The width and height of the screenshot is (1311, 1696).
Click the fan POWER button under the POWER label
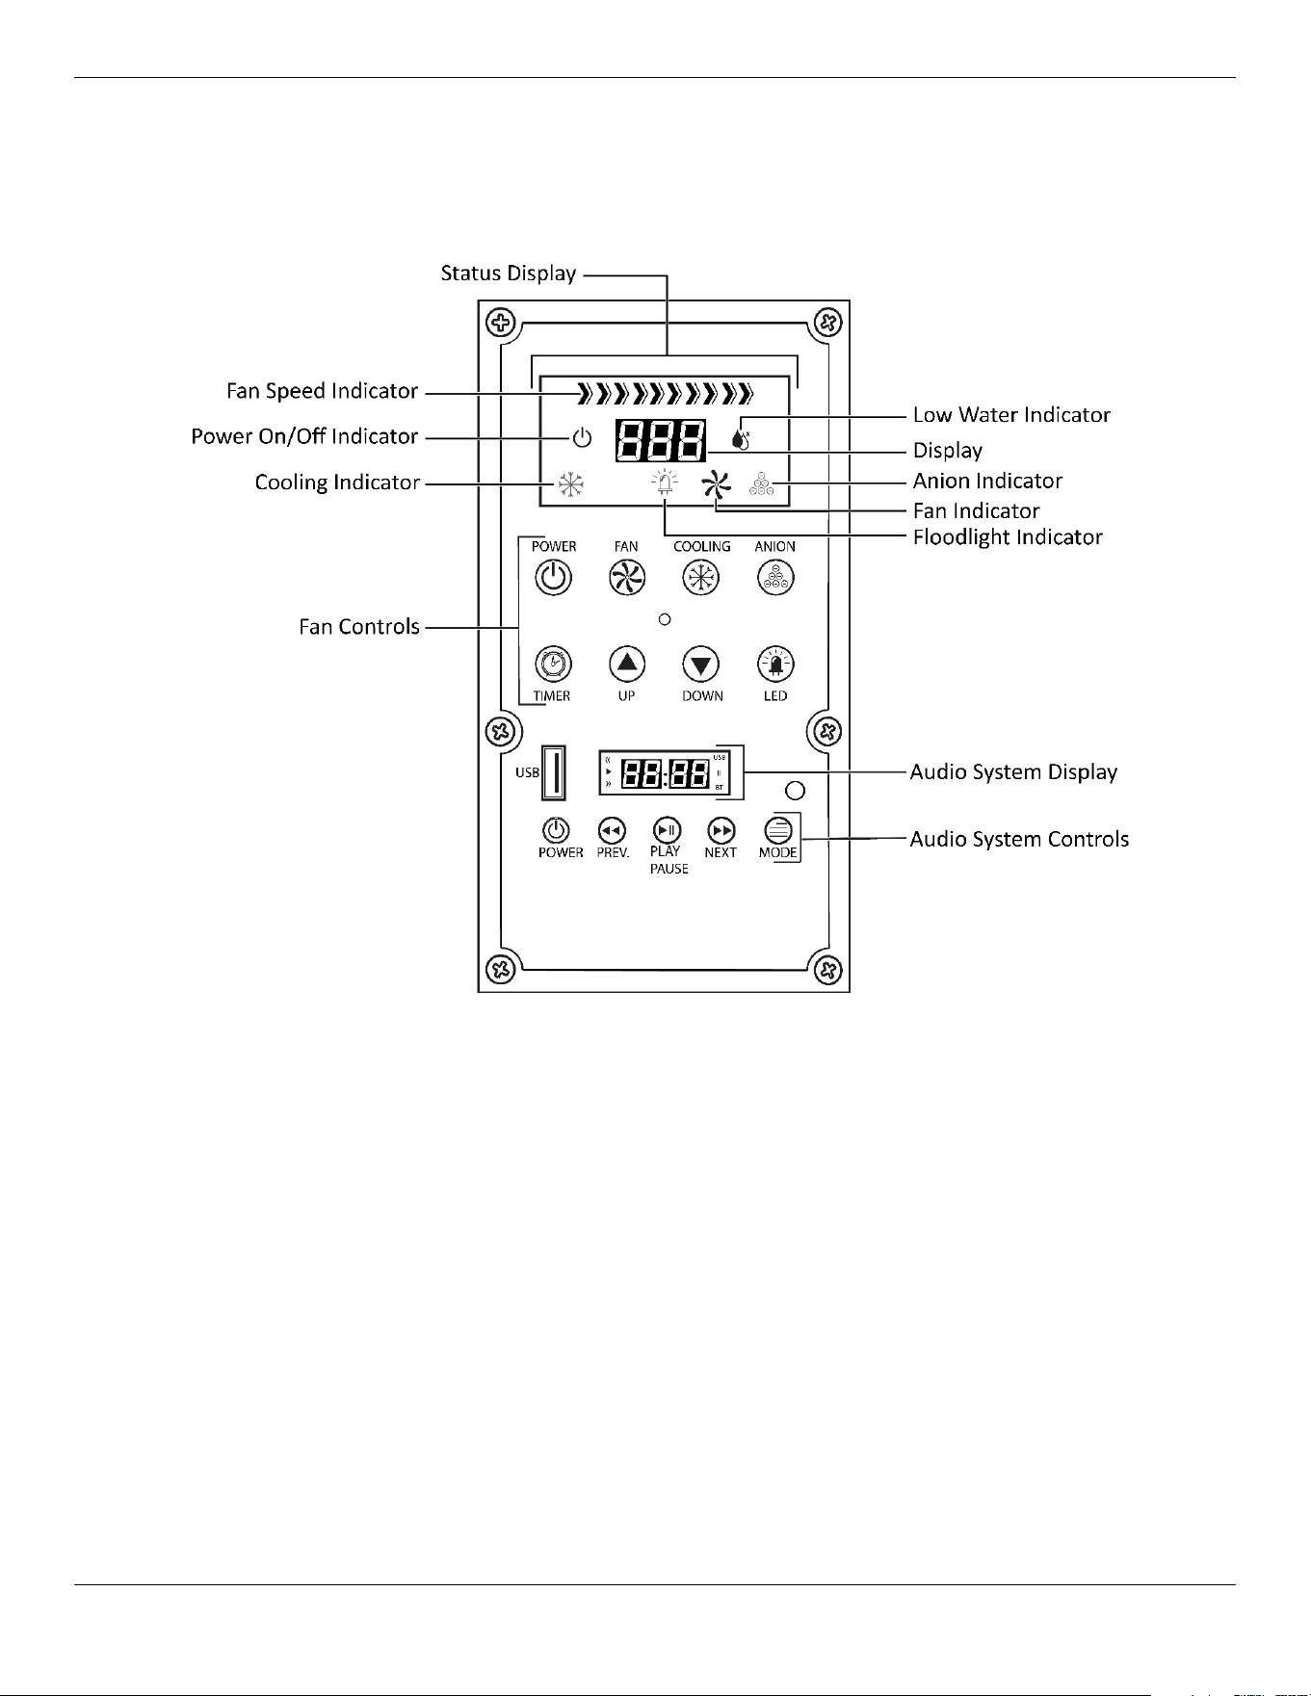[553, 578]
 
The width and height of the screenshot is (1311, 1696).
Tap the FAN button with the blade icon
[627, 578]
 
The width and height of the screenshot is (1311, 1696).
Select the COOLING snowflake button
[701, 578]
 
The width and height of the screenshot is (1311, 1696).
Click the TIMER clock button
[553, 664]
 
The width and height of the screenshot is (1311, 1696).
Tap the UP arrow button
[627, 664]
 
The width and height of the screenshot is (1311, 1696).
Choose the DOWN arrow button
[701, 664]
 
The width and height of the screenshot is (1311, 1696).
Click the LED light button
[775, 664]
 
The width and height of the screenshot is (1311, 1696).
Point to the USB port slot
[554, 772]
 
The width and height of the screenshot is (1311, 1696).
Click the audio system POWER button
[556, 830]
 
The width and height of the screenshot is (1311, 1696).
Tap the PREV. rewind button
[612, 830]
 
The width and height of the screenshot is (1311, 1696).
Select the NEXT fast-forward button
[721, 830]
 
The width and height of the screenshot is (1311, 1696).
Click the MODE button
[778, 830]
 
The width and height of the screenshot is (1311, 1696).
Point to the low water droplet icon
[740, 437]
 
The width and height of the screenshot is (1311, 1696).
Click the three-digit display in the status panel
[661, 441]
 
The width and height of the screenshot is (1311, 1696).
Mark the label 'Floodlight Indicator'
[1008, 537]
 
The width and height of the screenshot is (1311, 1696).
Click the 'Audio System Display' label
[1014, 772]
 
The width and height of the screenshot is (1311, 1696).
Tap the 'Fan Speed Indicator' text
[323, 391]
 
